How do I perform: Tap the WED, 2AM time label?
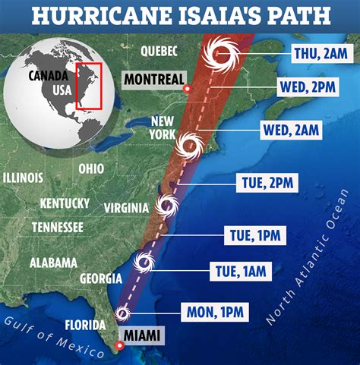[x=291, y=130]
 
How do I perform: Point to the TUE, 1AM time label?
[x=237, y=271]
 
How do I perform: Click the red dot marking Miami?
[x=118, y=346]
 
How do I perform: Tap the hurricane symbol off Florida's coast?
[x=123, y=313]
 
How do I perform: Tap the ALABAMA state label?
[x=53, y=263]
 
